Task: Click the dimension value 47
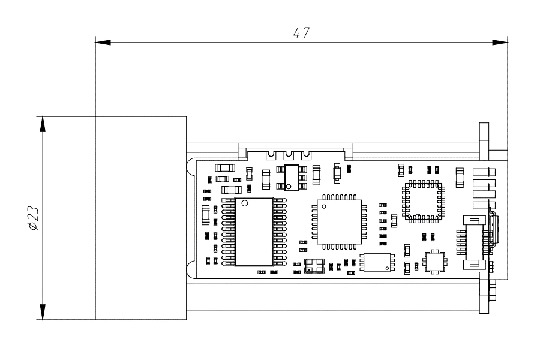pyautogui.click(x=301, y=33)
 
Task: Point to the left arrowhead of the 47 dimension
pyautogui.click(x=103, y=43)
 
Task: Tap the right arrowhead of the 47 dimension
pyautogui.click(x=500, y=43)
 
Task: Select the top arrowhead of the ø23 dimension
pyautogui.click(x=43, y=124)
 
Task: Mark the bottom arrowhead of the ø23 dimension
pyautogui.click(x=43, y=312)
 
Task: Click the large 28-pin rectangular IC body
pyautogui.click(x=254, y=232)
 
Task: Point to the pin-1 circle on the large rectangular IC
pyautogui.click(x=245, y=203)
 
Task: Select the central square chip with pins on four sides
pyautogui.click(x=340, y=222)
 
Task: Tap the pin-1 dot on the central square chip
pyautogui.click(x=324, y=206)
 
